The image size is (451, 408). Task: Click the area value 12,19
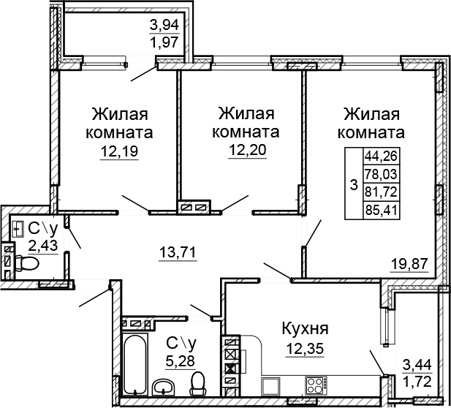[x=119, y=152]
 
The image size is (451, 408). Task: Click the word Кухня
[x=305, y=328]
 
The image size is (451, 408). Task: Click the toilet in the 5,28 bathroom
[x=197, y=382]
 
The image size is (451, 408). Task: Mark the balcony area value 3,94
[x=164, y=27]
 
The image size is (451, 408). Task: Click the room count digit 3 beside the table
[x=354, y=186]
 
